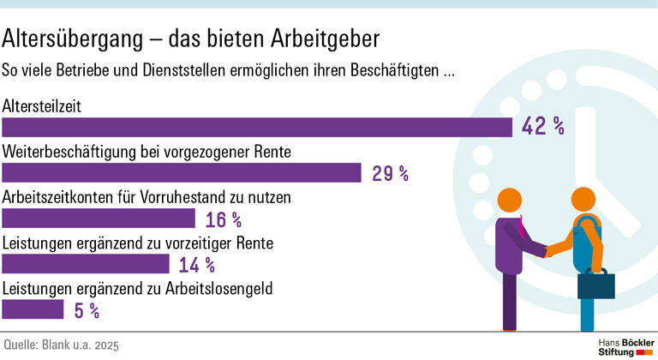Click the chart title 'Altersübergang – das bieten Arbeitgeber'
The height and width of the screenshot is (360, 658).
coord(191,39)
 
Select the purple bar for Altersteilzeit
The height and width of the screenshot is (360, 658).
coord(257,128)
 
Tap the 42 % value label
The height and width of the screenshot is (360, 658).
coord(543,128)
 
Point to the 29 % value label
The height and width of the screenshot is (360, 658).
coord(390,173)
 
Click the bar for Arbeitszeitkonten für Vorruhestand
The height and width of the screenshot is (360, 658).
coord(99,219)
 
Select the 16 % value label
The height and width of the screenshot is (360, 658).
coord(224,219)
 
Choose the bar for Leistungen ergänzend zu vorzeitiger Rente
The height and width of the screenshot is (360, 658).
coord(86,264)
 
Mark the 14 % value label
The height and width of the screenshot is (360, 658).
coord(197,265)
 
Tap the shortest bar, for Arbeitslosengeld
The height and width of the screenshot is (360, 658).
coord(33,309)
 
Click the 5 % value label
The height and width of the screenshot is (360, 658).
coord(87,310)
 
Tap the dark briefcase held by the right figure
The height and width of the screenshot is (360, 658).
coord(596,284)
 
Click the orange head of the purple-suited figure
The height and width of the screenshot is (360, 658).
coord(517,200)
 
